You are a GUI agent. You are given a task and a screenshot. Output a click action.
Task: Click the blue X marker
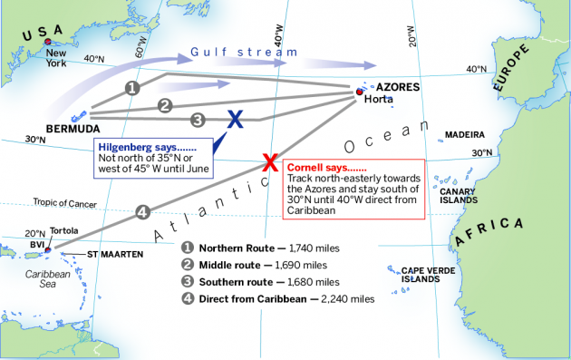click(235, 119)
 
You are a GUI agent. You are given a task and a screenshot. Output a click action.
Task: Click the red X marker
click(269, 163)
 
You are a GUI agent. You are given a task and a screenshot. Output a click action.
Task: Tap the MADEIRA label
click(464, 134)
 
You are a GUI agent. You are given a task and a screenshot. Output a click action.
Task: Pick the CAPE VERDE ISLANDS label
click(427, 274)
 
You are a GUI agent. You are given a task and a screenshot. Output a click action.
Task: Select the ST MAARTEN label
click(115, 255)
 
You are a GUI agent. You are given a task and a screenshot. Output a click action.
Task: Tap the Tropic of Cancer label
click(64, 202)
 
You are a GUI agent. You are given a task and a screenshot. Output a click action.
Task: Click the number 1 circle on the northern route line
click(132, 88)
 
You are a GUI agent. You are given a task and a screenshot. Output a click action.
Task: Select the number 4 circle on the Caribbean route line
click(141, 212)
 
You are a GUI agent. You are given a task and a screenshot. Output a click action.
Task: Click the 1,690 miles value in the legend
click(296, 265)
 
